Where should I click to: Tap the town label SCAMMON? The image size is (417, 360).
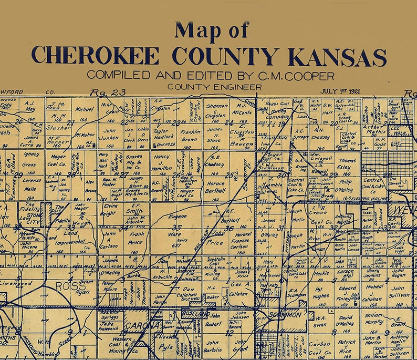[284, 314]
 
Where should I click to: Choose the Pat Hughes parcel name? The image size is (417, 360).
[321, 292]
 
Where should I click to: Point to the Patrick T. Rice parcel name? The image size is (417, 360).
[347, 346]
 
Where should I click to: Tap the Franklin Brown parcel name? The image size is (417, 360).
[190, 136]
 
